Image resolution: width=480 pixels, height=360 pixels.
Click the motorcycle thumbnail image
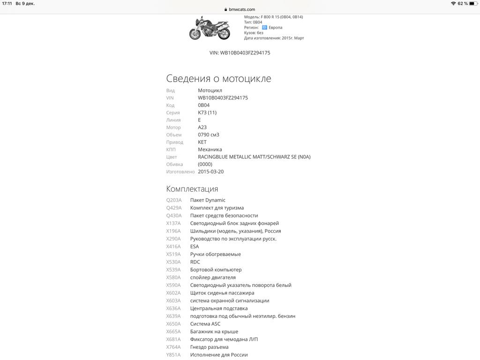pyautogui.click(x=210, y=28)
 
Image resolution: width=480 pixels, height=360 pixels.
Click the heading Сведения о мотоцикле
pyautogui.click(x=218, y=78)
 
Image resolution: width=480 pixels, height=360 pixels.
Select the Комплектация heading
pyautogui.click(x=192, y=188)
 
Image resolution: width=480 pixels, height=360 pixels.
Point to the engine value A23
pyautogui.click(x=202, y=127)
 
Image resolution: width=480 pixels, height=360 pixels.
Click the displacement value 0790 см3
pyautogui.click(x=208, y=135)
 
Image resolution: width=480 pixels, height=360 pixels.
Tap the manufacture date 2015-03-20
pyautogui.click(x=210, y=172)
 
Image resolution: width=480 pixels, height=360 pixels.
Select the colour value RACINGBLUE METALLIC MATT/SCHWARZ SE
pyautogui.click(x=254, y=157)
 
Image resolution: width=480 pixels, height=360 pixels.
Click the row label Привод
pyautogui.click(x=174, y=142)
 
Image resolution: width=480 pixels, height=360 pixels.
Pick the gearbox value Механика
pyautogui.click(x=210, y=150)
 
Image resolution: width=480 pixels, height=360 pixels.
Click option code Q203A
pyautogui.click(x=173, y=200)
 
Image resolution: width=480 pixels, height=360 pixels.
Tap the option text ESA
pyautogui.click(x=194, y=247)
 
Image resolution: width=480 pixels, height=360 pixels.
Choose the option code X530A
pyautogui.click(x=173, y=262)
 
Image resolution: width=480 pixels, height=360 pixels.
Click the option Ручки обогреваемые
pyautogui.click(x=215, y=254)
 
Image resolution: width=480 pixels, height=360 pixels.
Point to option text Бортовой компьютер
pyautogui.click(x=216, y=270)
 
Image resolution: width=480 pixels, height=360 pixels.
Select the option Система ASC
pyautogui.click(x=205, y=324)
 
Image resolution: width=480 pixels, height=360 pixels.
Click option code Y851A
pyautogui.click(x=173, y=355)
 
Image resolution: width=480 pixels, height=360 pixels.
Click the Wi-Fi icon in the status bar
pyautogui.click(x=453, y=3)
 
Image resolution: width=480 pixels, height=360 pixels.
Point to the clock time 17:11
pyautogui.click(x=7, y=3)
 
